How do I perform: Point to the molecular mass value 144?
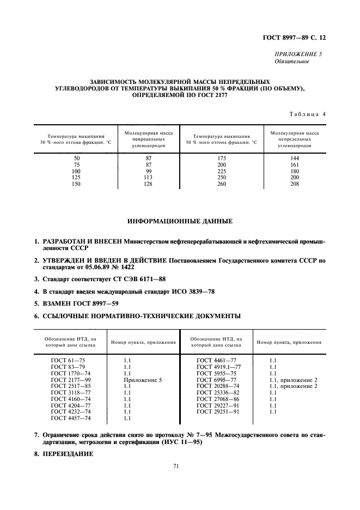click(295, 158)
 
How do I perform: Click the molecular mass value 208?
click(295, 184)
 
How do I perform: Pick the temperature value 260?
click(221, 184)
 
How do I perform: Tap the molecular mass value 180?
click(295, 171)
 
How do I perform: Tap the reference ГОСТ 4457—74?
click(71, 418)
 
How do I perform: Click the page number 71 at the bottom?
click(176, 466)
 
